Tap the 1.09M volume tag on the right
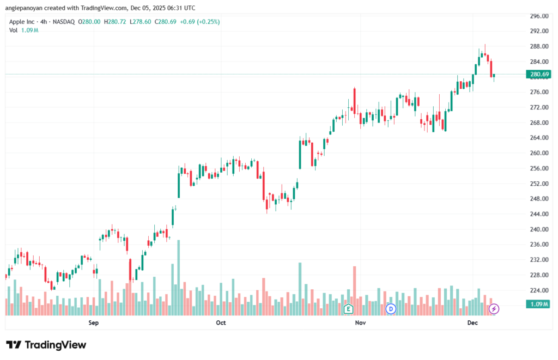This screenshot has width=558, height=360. coord(538,304)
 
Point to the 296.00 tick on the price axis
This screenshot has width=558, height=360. coord(538,16)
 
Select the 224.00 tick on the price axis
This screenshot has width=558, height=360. coord(538,290)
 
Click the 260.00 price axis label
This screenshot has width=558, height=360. coord(538,153)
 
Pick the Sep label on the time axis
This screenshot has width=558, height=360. coord(93,323)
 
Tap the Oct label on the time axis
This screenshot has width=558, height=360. coord(221,323)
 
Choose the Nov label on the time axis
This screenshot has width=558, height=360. coord(360,323)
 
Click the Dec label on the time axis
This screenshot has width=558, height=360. coord(472,323)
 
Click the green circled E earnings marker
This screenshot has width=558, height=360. coord(349,309)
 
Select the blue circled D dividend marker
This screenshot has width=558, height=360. coord(390,309)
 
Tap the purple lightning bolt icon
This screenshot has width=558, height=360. coord(494,309)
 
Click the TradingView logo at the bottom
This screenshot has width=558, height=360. coord(46,345)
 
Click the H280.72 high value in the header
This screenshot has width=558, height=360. coord(116,22)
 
